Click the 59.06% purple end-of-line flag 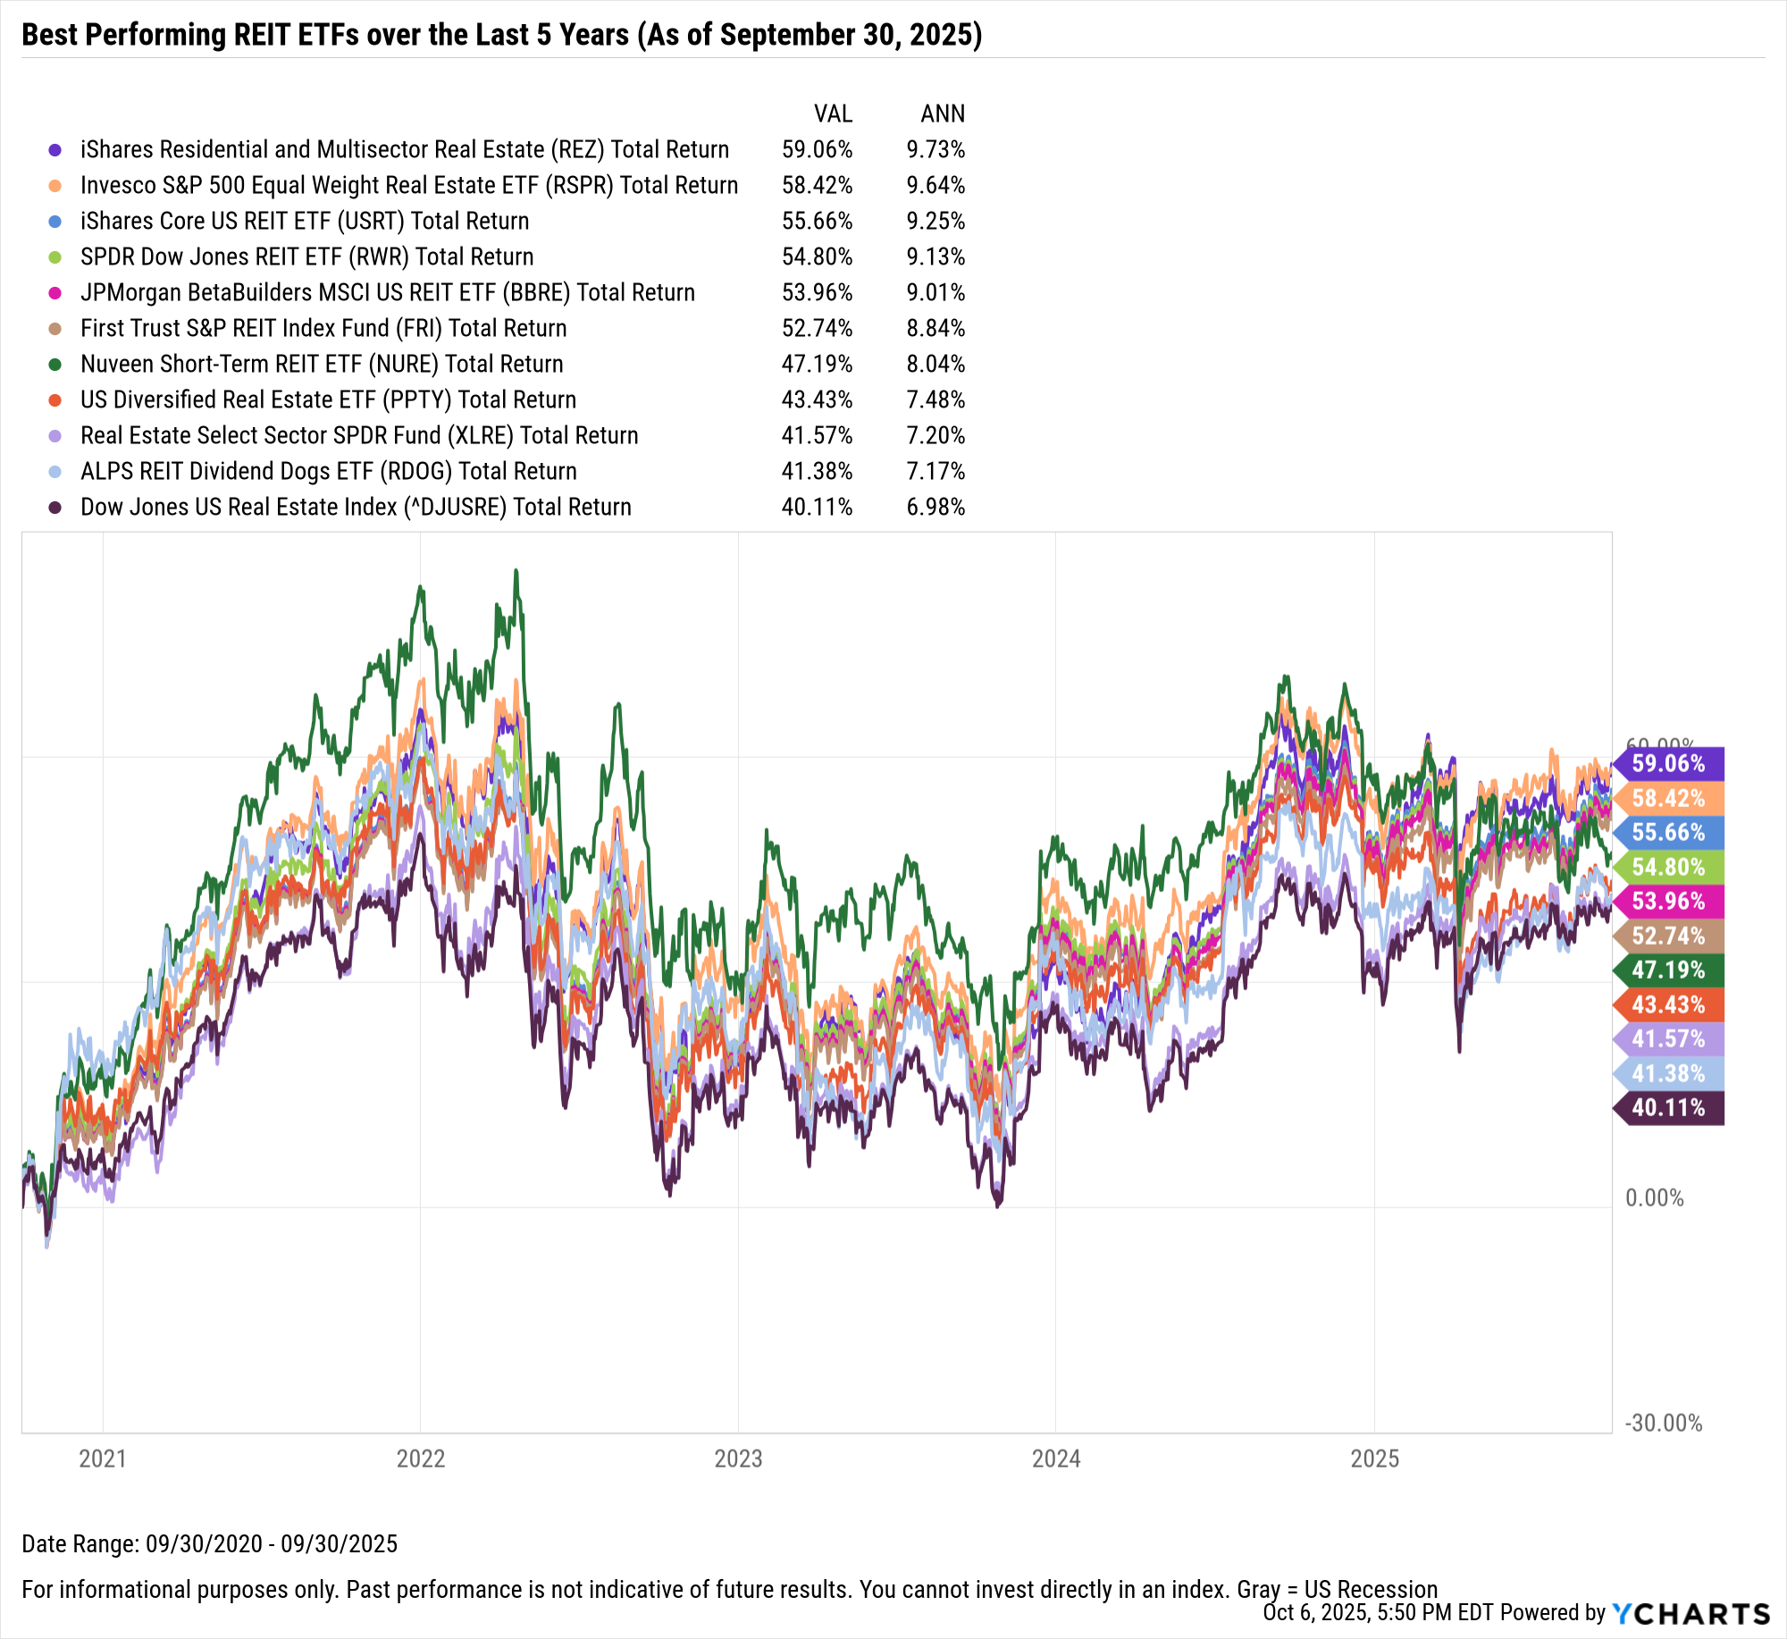coord(1668,763)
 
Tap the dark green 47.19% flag coord(1668,970)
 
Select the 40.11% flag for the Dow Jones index coord(1668,1107)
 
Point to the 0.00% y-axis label coord(1654,1198)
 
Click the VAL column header coord(833,113)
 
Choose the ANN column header coord(943,113)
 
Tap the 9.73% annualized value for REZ coord(935,149)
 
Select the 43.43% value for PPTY coord(817,399)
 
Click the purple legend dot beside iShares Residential coord(55,150)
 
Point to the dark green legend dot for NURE coord(55,365)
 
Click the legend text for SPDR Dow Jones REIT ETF coord(306,256)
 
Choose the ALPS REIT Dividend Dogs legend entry coord(328,471)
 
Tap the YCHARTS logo coord(1691,1613)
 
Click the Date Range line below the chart coord(209,1543)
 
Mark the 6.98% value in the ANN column coord(935,507)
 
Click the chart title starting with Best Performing coord(501,34)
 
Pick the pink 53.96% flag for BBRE coord(1668,901)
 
